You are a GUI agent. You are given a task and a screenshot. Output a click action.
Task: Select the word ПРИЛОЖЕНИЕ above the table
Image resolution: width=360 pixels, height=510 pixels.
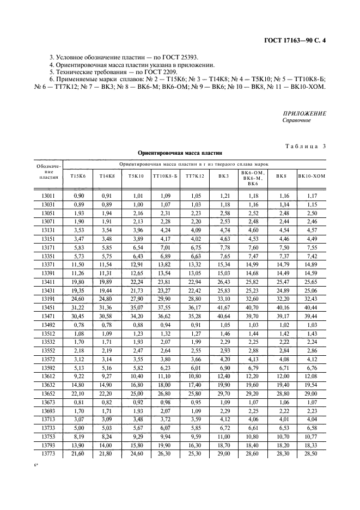point(304,113)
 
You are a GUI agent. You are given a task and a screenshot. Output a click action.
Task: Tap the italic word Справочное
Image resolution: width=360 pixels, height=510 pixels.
point(297,120)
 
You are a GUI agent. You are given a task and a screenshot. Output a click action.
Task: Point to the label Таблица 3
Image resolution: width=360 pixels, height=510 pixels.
point(305,146)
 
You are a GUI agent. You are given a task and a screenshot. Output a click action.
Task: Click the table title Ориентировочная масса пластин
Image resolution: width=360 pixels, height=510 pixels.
point(180,154)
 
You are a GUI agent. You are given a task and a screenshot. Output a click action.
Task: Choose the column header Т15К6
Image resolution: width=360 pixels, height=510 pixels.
point(78,176)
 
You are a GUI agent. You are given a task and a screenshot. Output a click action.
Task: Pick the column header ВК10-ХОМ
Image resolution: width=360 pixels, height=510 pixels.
point(312,176)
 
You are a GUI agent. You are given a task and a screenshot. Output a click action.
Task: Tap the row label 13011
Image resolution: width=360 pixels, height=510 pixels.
point(48,195)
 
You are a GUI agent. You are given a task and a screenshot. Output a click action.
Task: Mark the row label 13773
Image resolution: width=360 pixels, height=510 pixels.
point(48,454)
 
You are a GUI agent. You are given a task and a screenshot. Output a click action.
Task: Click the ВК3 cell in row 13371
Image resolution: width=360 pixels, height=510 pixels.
point(224,264)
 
